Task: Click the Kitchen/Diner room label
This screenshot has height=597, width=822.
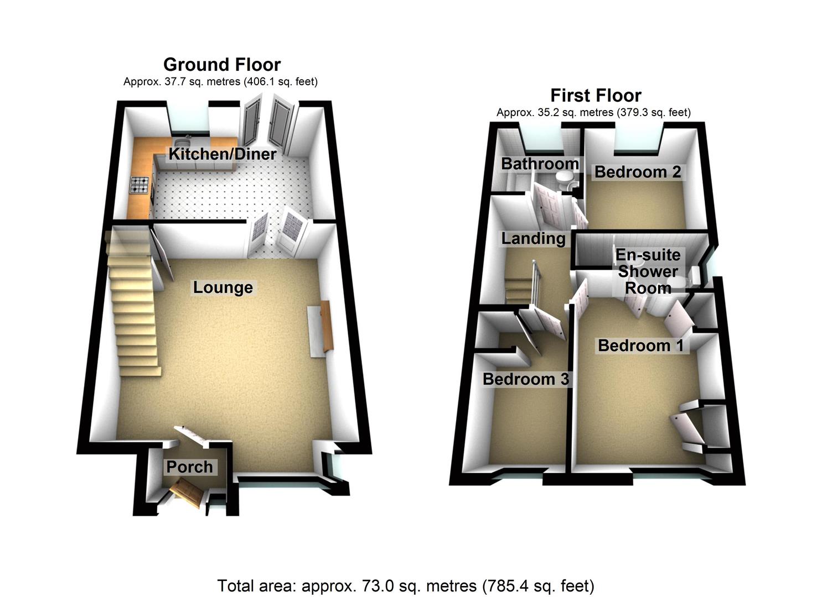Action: (x=222, y=154)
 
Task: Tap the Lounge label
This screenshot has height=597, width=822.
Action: (x=223, y=287)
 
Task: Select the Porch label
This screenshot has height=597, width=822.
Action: (x=189, y=467)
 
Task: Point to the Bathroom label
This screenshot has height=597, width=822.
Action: (x=540, y=164)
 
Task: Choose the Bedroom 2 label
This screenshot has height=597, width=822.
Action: (x=637, y=172)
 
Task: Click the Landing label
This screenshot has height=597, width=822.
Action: (x=533, y=238)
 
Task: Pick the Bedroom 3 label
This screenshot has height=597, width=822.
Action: (x=525, y=379)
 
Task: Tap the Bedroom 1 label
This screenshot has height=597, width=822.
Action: (x=640, y=345)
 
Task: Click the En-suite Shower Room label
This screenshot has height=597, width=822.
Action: (x=648, y=271)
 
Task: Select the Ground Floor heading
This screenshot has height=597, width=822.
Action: (x=222, y=65)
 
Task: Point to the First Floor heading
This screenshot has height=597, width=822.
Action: (x=596, y=96)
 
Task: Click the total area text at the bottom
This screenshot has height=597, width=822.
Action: (x=406, y=585)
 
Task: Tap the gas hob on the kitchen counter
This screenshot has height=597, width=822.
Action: (x=139, y=185)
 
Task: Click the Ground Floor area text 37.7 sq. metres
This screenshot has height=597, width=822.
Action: (x=220, y=82)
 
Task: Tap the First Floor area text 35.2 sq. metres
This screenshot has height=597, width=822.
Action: (x=593, y=113)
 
